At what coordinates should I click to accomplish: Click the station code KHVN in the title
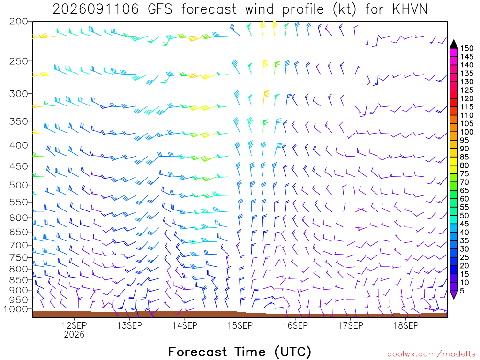click(410, 9)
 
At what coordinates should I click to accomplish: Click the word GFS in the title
click(160, 9)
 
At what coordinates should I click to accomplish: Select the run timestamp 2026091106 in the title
click(96, 9)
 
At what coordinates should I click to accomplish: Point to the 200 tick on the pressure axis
click(19, 22)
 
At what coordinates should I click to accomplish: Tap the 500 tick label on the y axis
click(19, 185)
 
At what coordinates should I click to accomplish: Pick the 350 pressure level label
click(19, 121)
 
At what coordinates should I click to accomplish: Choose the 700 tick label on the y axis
click(19, 245)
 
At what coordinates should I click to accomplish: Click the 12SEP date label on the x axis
click(74, 325)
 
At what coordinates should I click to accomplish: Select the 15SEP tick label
click(240, 325)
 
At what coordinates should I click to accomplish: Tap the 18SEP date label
click(405, 325)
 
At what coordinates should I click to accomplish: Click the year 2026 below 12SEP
click(74, 334)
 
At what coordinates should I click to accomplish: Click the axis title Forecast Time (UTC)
click(240, 352)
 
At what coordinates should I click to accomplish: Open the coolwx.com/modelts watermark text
click(431, 354)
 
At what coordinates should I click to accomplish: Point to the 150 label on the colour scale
click(467, 48)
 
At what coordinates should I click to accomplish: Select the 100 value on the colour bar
click(467, 132)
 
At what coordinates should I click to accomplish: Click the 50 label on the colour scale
click(465, 216)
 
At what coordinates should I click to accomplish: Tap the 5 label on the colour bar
click(462, 291)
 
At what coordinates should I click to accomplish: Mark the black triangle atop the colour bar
click(454, 45)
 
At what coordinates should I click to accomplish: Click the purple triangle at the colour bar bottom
click(454, 294)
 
